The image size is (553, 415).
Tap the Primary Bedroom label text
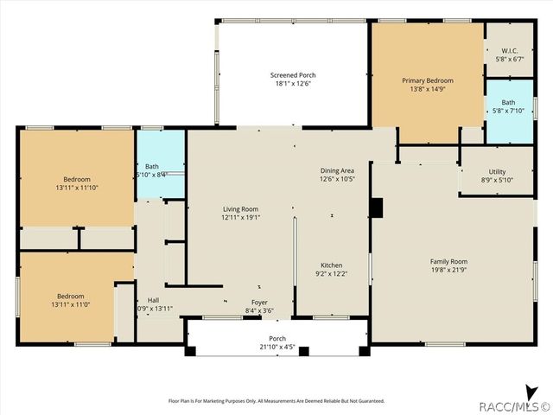point(427,80)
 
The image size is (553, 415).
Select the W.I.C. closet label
point(509,50)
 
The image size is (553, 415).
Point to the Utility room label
point(497,171)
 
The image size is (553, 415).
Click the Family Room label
point(448,261)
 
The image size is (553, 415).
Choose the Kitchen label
point(333,265)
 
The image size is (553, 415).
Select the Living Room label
point(240,209)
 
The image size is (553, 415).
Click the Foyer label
point(259,302)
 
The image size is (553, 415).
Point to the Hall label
point(153,300)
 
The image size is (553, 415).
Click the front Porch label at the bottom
point(277,338)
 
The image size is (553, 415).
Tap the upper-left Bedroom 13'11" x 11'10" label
point(77,179)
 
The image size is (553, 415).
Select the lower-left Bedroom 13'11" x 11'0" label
point(73,296)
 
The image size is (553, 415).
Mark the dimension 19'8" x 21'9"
point(448,270)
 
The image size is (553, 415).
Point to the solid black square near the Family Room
point(376,207)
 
